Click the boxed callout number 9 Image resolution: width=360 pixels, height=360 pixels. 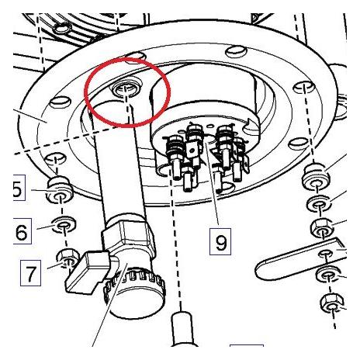[x=220, y=241]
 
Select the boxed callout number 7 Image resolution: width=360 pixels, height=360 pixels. [x=30, y=273]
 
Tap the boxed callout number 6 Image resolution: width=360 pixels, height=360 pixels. [x=22, y=231]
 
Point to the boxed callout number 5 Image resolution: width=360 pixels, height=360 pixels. [x=19, y=188]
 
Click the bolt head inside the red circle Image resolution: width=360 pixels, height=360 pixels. [x=126, y=89]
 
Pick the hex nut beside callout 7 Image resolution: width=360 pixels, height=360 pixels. [x=67, y=257]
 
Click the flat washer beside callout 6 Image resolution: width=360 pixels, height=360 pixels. [x=64, y=223]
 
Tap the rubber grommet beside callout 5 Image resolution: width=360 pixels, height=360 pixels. [x=60, y=189]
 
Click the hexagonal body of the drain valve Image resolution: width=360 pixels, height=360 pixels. [x=128, y=234]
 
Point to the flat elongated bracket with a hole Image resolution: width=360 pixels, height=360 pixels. [x=301, y=259]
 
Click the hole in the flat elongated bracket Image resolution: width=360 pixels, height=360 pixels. [x=326, y=253]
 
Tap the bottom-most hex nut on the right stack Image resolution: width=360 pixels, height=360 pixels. [x=332, y=303]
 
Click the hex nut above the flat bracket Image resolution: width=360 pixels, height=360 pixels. [x=323, y=228]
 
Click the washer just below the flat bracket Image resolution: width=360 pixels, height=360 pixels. [x=328, y=274]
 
